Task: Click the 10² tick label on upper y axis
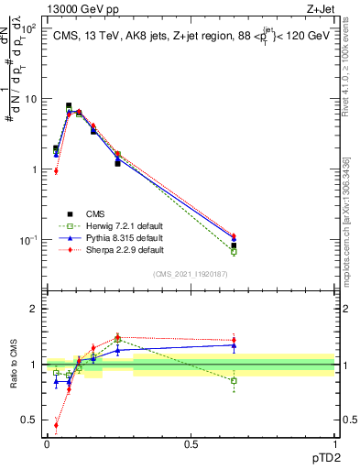(x=28, y=29)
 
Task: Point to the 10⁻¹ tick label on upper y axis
(x=28, y=240)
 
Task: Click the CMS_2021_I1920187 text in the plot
(x=191, y=274)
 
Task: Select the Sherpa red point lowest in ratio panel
(x=56, y=425)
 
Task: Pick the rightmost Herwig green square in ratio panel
(x=234, y=380)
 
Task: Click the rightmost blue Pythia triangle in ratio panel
(x=234, y=345)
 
